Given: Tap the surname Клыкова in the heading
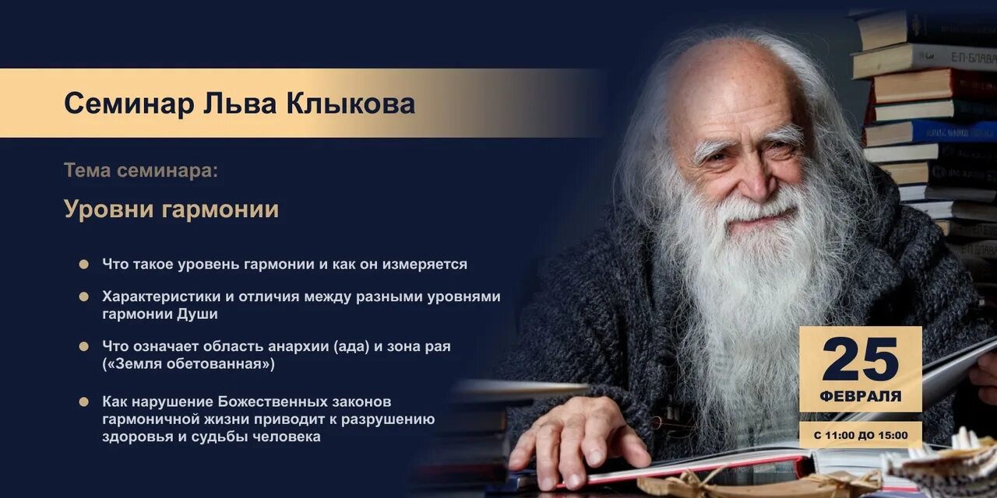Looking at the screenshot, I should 351,103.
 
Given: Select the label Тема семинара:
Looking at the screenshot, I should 141,170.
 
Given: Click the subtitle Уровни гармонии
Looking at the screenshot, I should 171,209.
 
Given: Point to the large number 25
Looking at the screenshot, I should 860,359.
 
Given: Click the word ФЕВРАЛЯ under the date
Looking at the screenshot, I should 860,396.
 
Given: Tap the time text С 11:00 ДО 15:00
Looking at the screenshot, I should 860,435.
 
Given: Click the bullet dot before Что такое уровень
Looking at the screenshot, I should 83,265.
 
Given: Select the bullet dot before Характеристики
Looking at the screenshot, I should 83,296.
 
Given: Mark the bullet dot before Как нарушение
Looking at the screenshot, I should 83,402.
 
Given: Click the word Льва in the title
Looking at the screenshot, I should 225,103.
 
